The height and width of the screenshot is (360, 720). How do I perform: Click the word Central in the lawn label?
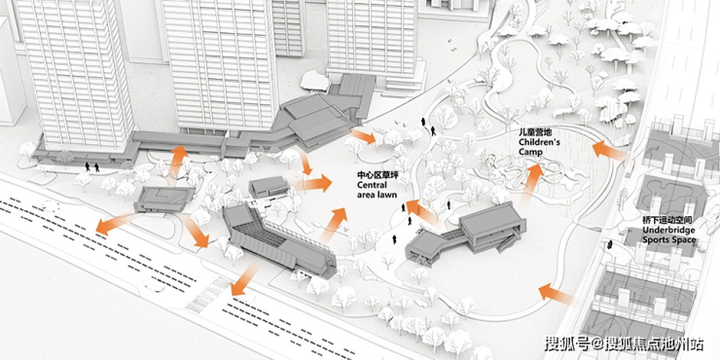click(372, 185)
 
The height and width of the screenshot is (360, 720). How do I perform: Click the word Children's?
click(540, 142)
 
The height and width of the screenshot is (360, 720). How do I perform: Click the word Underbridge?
click(668, 230)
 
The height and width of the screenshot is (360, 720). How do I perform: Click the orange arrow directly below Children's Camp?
click(532, 183)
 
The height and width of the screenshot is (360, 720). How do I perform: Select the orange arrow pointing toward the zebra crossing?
click(245, 279)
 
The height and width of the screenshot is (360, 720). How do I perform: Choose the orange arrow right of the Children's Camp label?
click(609, 151)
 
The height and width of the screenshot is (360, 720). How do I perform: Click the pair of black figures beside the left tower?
click(91, 166)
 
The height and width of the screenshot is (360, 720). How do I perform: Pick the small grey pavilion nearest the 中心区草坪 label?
click(269, 187)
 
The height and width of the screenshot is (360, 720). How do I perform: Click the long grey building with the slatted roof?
click(279, 242)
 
